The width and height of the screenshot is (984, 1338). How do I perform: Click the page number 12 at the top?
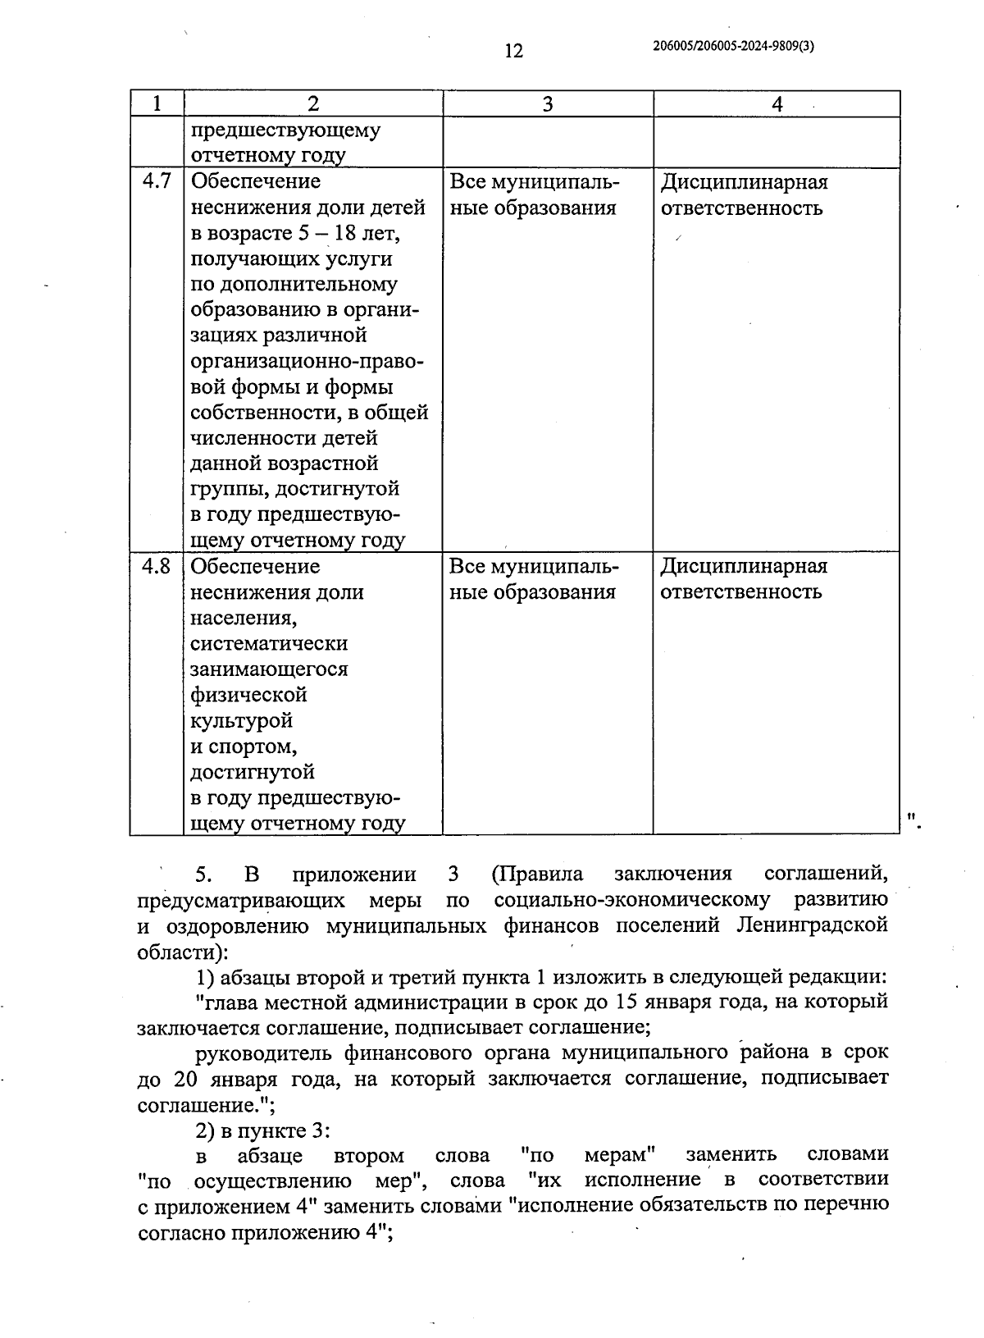513,51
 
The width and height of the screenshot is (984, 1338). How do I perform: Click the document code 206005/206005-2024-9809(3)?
734,47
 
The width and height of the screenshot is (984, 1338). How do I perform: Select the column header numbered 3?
548,103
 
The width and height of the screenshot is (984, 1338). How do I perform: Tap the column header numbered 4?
777,103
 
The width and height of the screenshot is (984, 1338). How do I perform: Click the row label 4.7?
157,181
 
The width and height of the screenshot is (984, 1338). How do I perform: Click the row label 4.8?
157,566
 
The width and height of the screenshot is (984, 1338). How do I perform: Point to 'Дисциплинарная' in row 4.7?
745,181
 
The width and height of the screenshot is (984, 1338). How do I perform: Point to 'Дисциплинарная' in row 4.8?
745,566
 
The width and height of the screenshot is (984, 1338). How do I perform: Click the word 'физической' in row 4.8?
248,694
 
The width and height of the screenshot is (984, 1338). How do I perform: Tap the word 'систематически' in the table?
269,643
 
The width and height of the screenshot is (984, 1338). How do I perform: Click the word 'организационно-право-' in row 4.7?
307,361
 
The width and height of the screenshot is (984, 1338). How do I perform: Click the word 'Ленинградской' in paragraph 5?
812,925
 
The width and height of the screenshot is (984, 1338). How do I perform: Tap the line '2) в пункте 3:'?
262,1130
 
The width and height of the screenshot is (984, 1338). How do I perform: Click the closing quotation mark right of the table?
913,817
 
